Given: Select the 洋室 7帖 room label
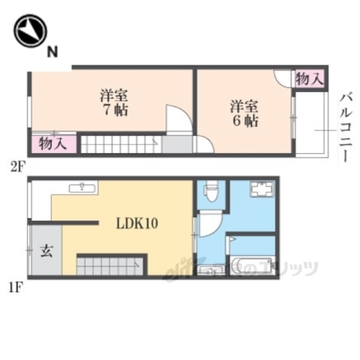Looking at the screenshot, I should pos(114,103).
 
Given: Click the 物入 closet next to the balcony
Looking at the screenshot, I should pos(309,78).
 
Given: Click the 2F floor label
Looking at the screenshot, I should pos(19,166).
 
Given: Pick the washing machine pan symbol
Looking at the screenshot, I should pos(262,191).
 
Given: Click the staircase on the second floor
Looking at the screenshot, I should pos(120,144).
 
